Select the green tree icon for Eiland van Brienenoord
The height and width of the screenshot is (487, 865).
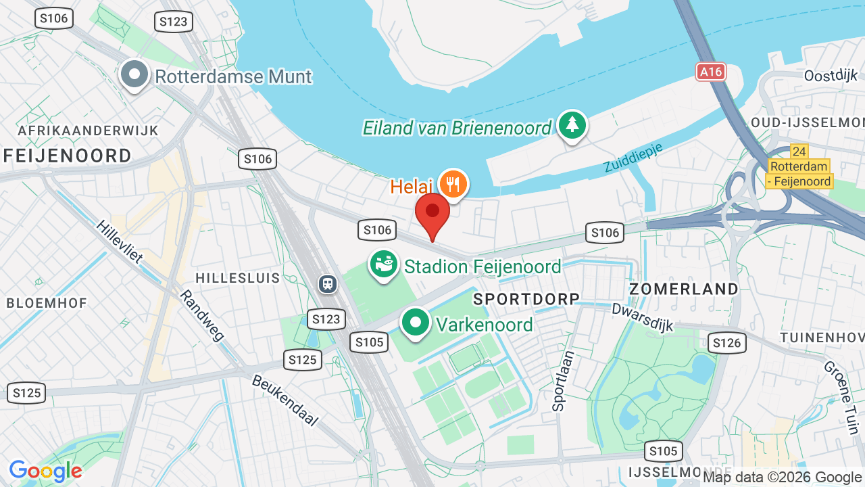click(x=572, y=125)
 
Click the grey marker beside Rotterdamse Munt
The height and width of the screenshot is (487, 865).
click(x=134, y=74)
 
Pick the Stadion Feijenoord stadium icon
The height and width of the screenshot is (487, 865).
click(x=384, y=265)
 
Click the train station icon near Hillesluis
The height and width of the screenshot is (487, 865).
click(x=328, y=283)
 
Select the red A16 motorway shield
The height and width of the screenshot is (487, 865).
click(x=711, y=72)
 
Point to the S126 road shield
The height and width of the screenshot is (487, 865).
click(x=727, y=343)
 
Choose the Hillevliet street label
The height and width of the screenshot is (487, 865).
click(x=120, y=241)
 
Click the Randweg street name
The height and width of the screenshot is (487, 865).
click(x=201, y=315)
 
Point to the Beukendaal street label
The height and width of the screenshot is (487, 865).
click(x=285, y=400)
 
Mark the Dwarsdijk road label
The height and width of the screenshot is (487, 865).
click(x=643, y=317)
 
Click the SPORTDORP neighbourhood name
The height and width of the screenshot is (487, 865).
click(x=526, y=299)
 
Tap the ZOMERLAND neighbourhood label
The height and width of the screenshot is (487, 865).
click(x=684, y=289)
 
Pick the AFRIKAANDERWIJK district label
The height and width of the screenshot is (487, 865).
click(x=88, y=131)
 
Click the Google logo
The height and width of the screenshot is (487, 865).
click(x=46, y=471)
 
